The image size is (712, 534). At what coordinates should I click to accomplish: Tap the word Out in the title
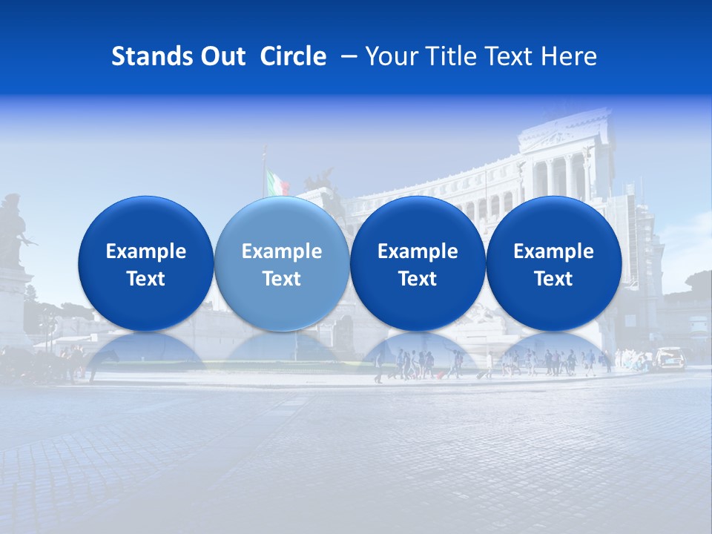(x=221, y=56)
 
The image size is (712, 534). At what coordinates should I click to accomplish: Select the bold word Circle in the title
(x=293, y=56)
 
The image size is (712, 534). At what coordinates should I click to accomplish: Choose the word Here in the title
(x=567, y=56)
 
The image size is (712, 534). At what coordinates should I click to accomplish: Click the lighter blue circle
(x=282, y=264)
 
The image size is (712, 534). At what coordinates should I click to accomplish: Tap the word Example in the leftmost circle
(x=146, y=251)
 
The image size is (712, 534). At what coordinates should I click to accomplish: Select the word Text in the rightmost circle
(x=553, y=279)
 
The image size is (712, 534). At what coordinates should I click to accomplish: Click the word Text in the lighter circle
(x=282, y=279)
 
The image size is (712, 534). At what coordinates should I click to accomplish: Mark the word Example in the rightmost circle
(x=553, y=251)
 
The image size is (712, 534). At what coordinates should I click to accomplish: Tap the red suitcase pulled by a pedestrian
(x=440, y=375)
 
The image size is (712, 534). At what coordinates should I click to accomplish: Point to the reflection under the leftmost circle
(x=146, y=352)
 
